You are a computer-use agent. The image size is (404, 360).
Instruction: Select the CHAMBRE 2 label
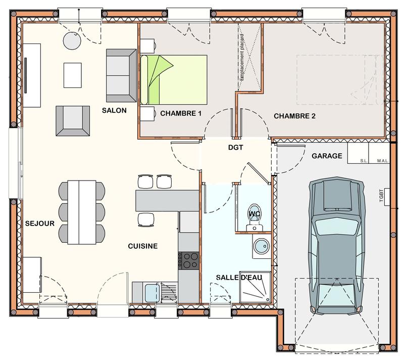(x=294, y=116)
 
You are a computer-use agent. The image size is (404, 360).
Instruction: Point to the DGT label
(x=235, y=148)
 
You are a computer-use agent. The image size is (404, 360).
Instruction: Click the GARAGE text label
(x=327, y=156)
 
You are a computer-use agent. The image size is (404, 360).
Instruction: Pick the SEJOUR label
(x=40, y=222)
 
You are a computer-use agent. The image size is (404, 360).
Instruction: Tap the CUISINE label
(x=142, y=246)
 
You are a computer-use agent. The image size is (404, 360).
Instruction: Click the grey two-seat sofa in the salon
(x=121, y=75)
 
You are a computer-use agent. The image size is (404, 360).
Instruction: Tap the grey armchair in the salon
(x=72, y=121)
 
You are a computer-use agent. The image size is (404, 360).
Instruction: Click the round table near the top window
(x=72, y=41)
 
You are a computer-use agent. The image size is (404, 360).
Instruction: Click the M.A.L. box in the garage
(x=382, y=161)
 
